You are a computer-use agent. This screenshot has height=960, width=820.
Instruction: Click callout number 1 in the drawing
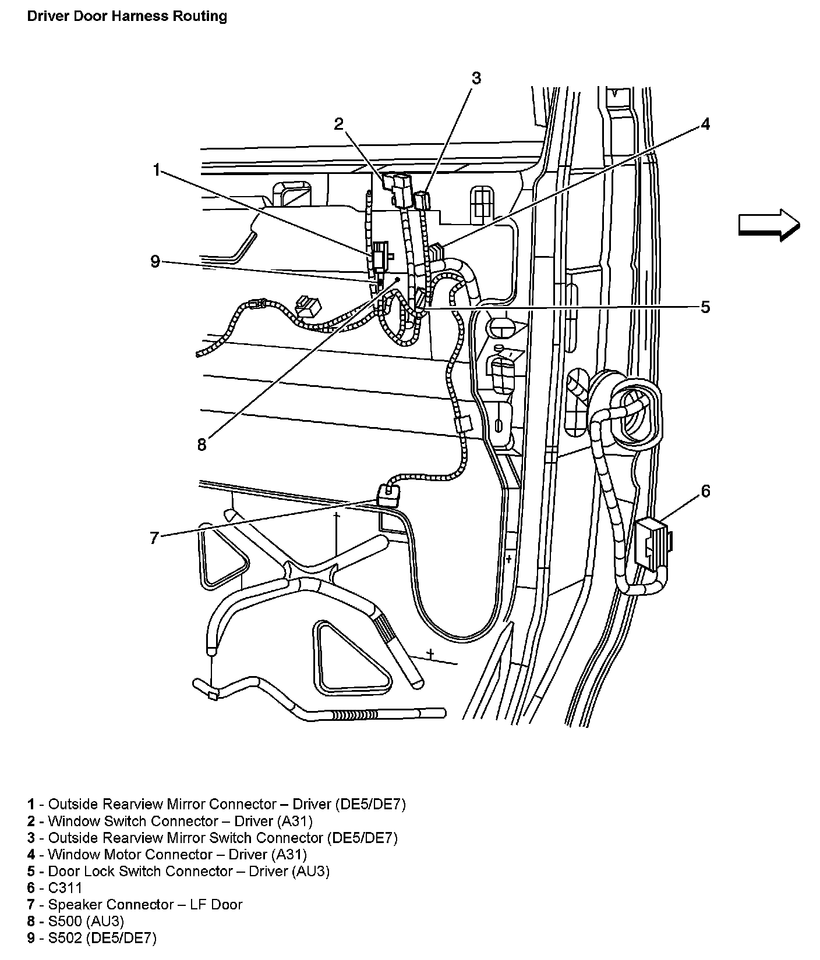[x=156, y=170]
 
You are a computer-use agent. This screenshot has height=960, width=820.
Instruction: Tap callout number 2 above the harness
[x=339, y=123]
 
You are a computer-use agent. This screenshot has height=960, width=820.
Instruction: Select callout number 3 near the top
[x=476, y=78]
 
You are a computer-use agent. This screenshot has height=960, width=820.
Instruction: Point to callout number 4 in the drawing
[x=705, y=124]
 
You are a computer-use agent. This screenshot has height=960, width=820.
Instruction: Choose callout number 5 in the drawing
[x=705, y=307]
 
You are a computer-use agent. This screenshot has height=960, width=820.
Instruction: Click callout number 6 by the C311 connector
[x=705, y=492]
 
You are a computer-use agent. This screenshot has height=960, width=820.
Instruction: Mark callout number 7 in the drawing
[x=154, y=538]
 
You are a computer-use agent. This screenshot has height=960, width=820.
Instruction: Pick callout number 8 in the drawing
[x=202, y=445]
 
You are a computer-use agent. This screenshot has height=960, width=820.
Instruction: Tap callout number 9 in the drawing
[x=155, y=262]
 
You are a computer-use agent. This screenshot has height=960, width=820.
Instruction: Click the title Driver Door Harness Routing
[x=127, y=16]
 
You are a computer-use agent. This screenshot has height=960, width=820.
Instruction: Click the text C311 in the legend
[x=65, y=888]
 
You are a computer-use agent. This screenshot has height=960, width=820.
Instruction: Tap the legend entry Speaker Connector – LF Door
[x=145, y=905]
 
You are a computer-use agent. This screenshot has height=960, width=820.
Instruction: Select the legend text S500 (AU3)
[x=86, y=921]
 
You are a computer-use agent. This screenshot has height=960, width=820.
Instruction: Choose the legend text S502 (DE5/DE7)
[x=102, y=938]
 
